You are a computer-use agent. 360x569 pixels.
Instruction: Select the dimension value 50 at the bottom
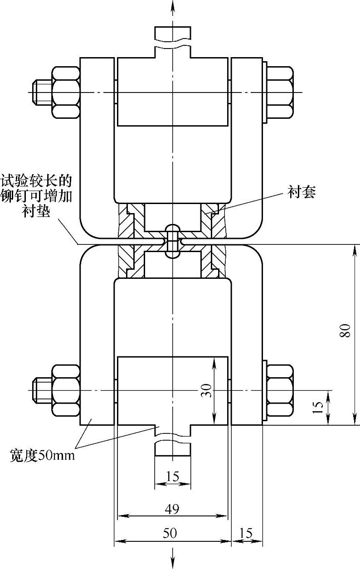pyautogui.click(x=170, y=534)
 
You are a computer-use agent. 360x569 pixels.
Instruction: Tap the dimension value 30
pyautogui.click(x=207, y=390)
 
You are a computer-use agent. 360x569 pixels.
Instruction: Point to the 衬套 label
pyautogui.click(x=302, y=192)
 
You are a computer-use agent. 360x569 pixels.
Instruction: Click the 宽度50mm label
pyautogui.click(x=42, y=455)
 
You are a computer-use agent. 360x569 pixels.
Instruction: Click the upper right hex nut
pyautogui.click(x=279, y=92)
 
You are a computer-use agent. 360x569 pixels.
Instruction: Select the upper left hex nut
pyautogui.click(x=66, y=92)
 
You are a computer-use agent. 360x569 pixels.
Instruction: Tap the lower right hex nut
pyautogui.click(x=279, y=390)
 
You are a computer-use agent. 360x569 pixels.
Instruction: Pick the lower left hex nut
pyautogui.click(x=66, y=390)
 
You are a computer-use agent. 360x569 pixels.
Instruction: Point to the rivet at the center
pyautogui.click(x=172, y=240)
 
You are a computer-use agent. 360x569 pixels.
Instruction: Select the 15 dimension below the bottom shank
pyautogui.click(x=172, y=477)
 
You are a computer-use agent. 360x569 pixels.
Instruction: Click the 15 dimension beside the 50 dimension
pyautogui.click(x=246, y=534)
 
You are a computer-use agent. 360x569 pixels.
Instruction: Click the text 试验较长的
pyautogui.click(x=37, y=182)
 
